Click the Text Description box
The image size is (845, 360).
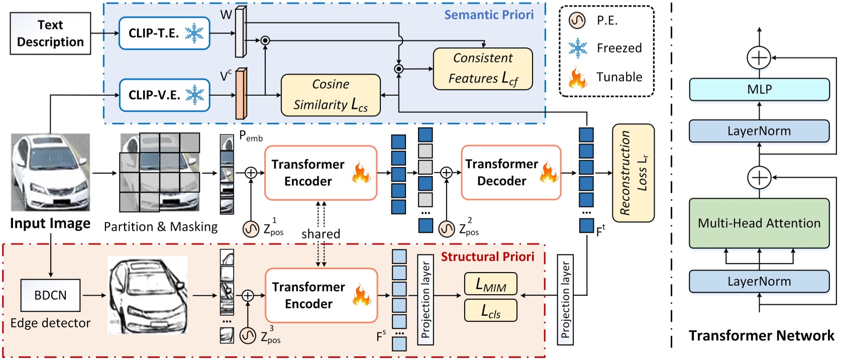[50, 34]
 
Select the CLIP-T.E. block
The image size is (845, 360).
[164, 34]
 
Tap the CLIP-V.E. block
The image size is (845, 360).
[164, 95]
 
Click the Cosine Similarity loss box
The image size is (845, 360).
[331, 95]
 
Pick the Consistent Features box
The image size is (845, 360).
[483, 69]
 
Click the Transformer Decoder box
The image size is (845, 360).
[510, 172]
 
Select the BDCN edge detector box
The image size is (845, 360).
[50, 295]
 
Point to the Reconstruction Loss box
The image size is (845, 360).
[633, 173]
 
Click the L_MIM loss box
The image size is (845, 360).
[490, 284]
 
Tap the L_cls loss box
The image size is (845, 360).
[490, 310]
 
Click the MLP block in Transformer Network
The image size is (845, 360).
[759, 89]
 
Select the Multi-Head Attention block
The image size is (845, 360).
[759, 223]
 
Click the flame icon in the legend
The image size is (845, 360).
[577, 78]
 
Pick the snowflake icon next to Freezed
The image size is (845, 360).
[578, 48]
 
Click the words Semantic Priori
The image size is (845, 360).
[488, 15]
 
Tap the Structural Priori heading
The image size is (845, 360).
[487, 257]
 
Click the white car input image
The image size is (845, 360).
[50, 172]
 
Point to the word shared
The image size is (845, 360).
[321, 234]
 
